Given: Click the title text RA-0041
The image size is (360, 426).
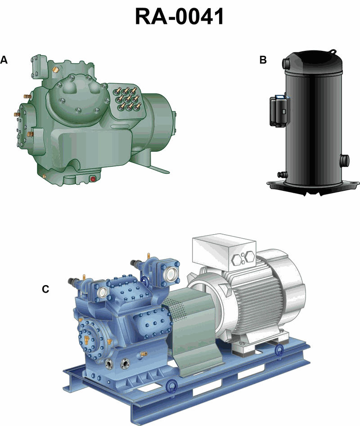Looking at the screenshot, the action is pos(180,16).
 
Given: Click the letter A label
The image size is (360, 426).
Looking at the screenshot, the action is pos(4,60).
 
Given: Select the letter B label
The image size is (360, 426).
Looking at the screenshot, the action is pos(263,60).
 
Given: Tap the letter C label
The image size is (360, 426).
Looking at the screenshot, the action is pos(45,289).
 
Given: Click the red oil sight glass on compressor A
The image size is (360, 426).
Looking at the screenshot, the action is pos(93,179).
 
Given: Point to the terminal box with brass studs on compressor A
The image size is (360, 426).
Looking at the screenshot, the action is pos(127,100).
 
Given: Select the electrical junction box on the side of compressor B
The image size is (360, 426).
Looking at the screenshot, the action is pos(278,110).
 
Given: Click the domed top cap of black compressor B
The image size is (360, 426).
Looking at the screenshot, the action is pos(312,62).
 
